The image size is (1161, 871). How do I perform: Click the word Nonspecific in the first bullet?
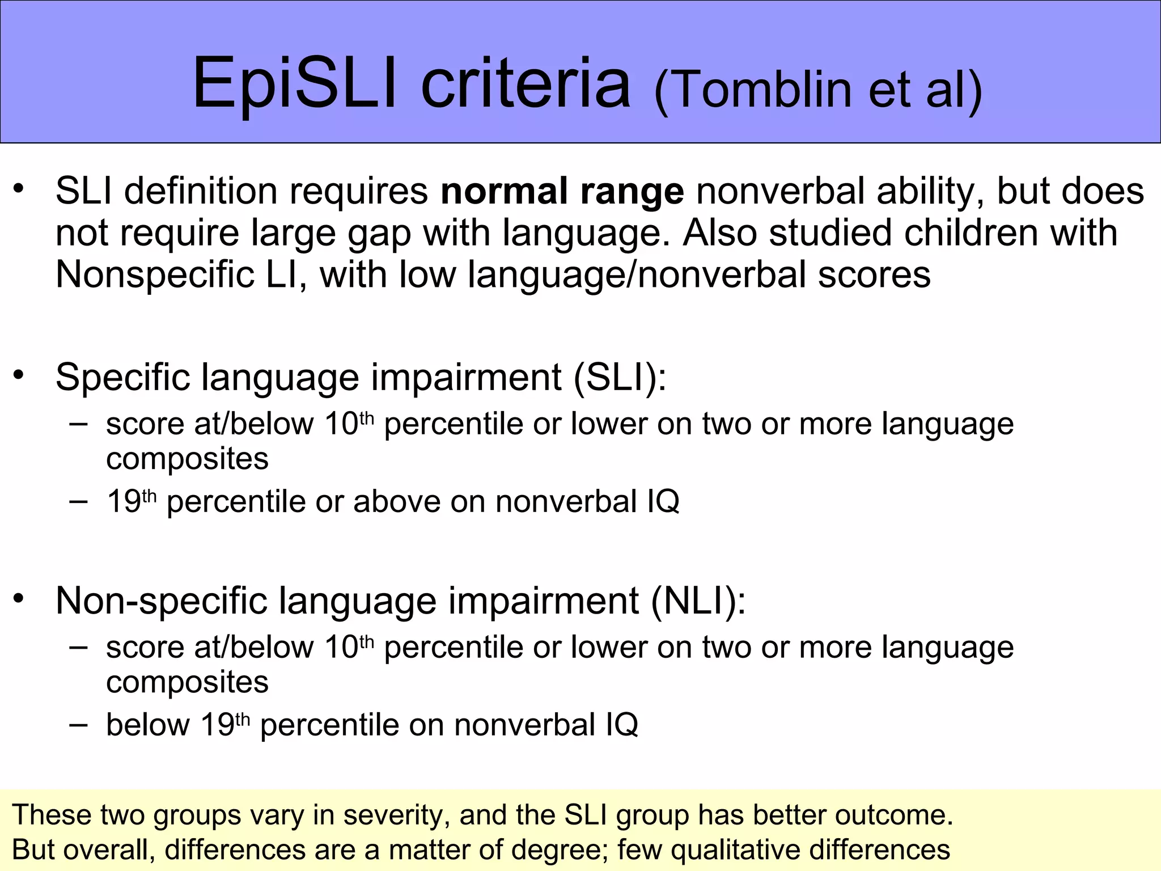point(176,275)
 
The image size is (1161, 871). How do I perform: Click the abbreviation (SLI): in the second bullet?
point(620,377)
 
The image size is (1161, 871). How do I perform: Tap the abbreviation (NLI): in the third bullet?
point(698,601)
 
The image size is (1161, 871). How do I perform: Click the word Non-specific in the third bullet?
point(161,601)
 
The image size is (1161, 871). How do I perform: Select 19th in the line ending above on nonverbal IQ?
point(131,501)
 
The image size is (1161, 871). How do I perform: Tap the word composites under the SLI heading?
point(187,459)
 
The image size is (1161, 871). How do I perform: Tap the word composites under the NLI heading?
point(187,682)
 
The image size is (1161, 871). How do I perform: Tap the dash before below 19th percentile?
point(78,725)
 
